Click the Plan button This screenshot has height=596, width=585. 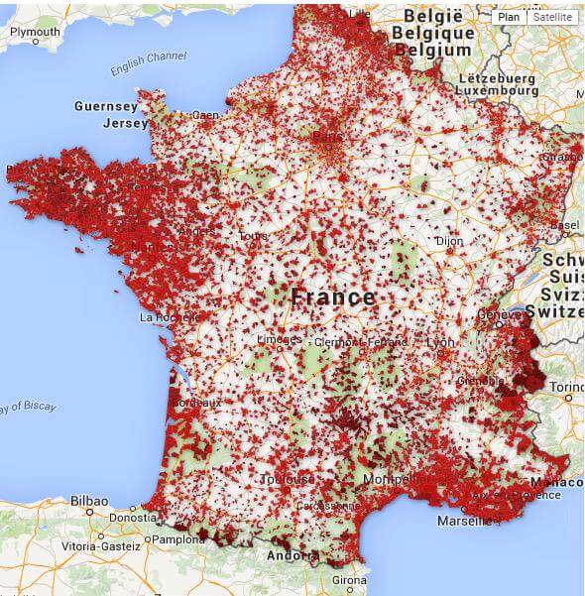(509, 17)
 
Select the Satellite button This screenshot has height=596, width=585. (551, 17)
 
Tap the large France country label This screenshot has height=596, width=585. (333, 297)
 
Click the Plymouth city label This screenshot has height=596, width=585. (35, 33)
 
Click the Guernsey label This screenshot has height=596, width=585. (105, 106)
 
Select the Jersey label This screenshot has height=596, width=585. (124, 124)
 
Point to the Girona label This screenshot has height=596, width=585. (348, 580)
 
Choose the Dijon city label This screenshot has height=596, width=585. (449, 240)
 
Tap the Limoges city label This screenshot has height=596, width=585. (279, 340)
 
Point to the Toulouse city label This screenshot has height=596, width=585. (288, 479)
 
